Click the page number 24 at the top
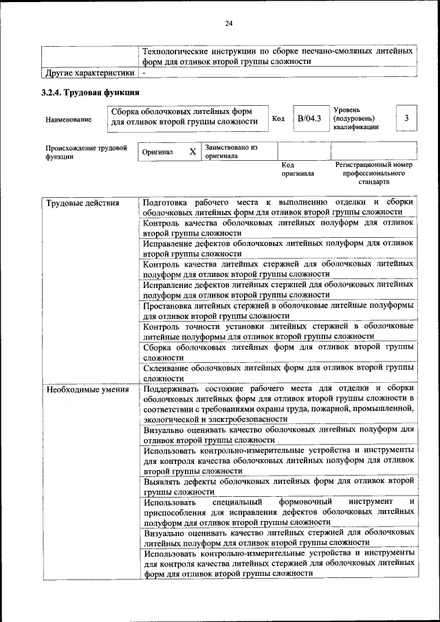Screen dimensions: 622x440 point(229,24)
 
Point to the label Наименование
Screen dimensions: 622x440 point(69,120)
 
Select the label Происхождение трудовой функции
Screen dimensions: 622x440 point(86,152)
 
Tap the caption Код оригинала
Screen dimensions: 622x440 point(297,169)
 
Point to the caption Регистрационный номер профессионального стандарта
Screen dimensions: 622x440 point(373,173)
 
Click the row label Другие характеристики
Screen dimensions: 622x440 point(88,72)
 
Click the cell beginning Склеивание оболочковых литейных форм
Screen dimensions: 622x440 point(278,373)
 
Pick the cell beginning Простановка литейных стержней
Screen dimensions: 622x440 point(278,310)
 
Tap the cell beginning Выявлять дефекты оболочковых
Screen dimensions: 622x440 point(278,487)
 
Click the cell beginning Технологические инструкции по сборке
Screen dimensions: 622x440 point(278,56)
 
